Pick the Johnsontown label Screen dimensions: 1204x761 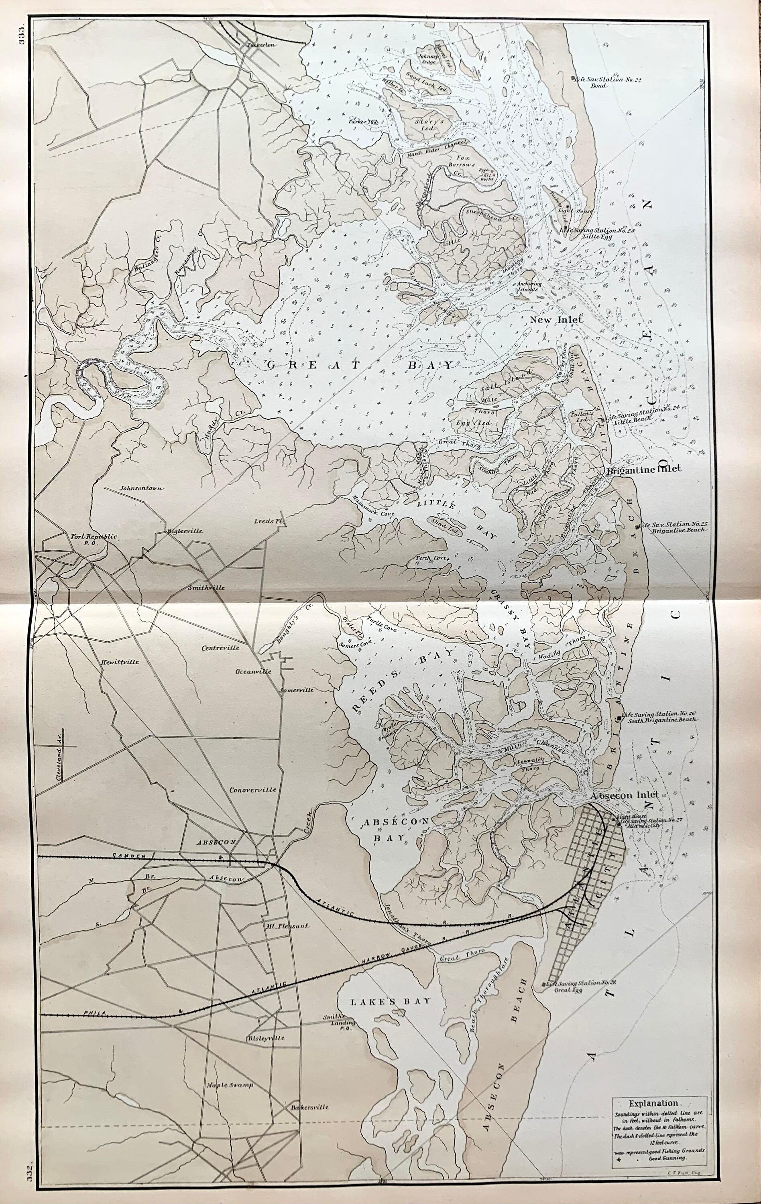pos(142,488)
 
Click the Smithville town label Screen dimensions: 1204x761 pos(206,588)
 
